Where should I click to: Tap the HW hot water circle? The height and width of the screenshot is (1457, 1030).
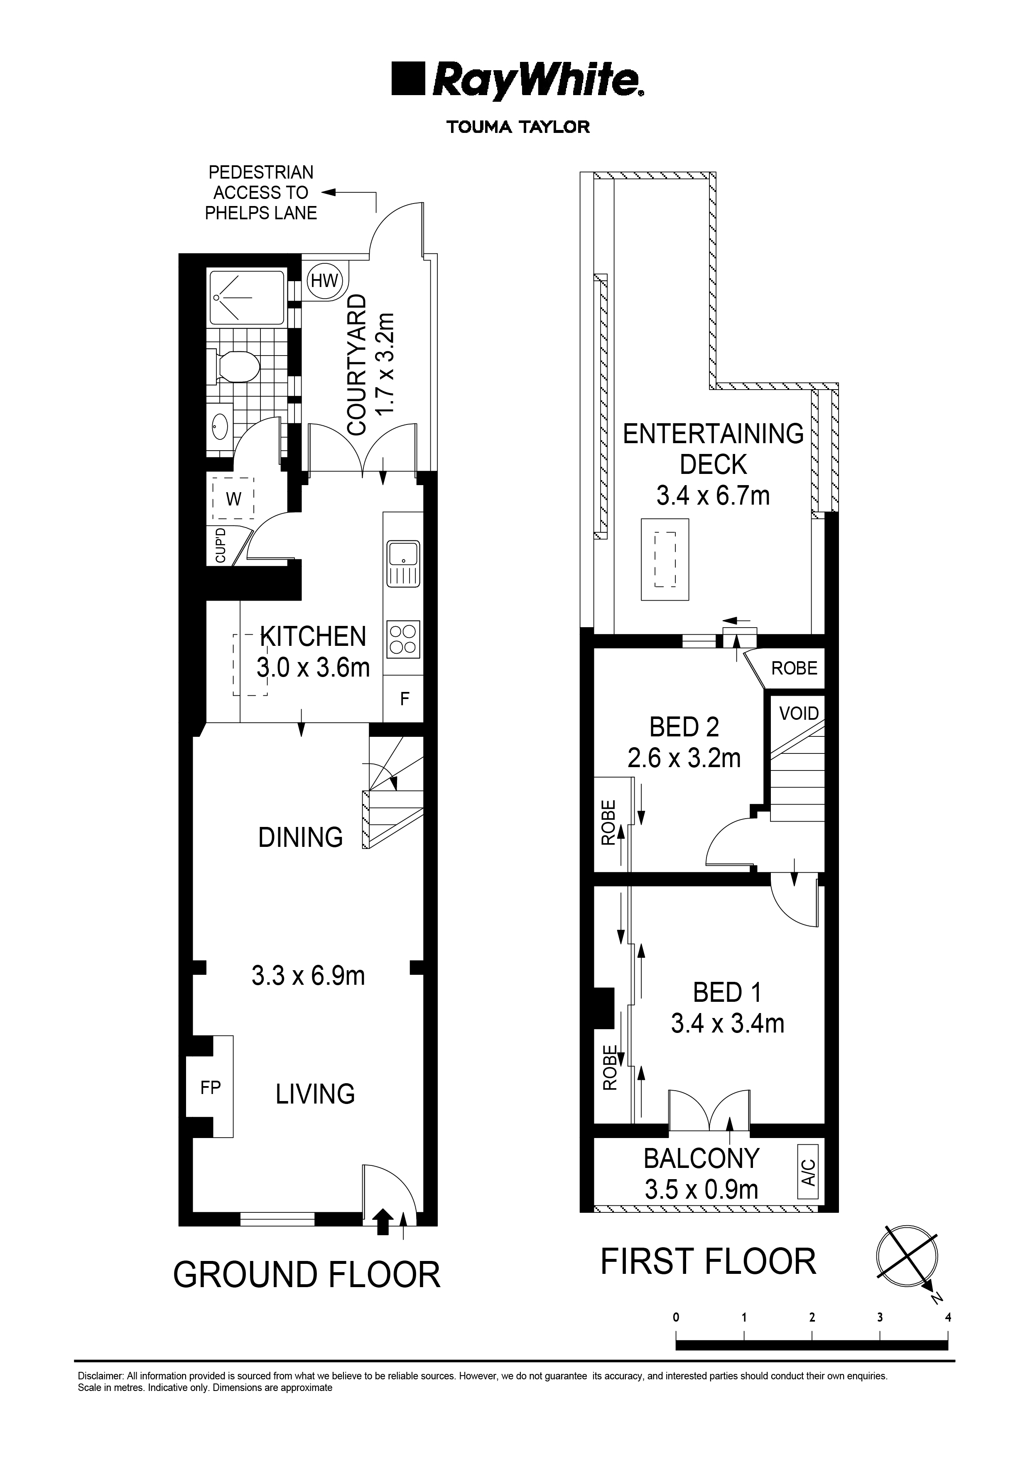tap(324, 280)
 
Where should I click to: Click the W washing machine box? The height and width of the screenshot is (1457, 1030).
tap(233, 499)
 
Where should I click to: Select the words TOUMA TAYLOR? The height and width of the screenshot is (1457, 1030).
tap(518, 127)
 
